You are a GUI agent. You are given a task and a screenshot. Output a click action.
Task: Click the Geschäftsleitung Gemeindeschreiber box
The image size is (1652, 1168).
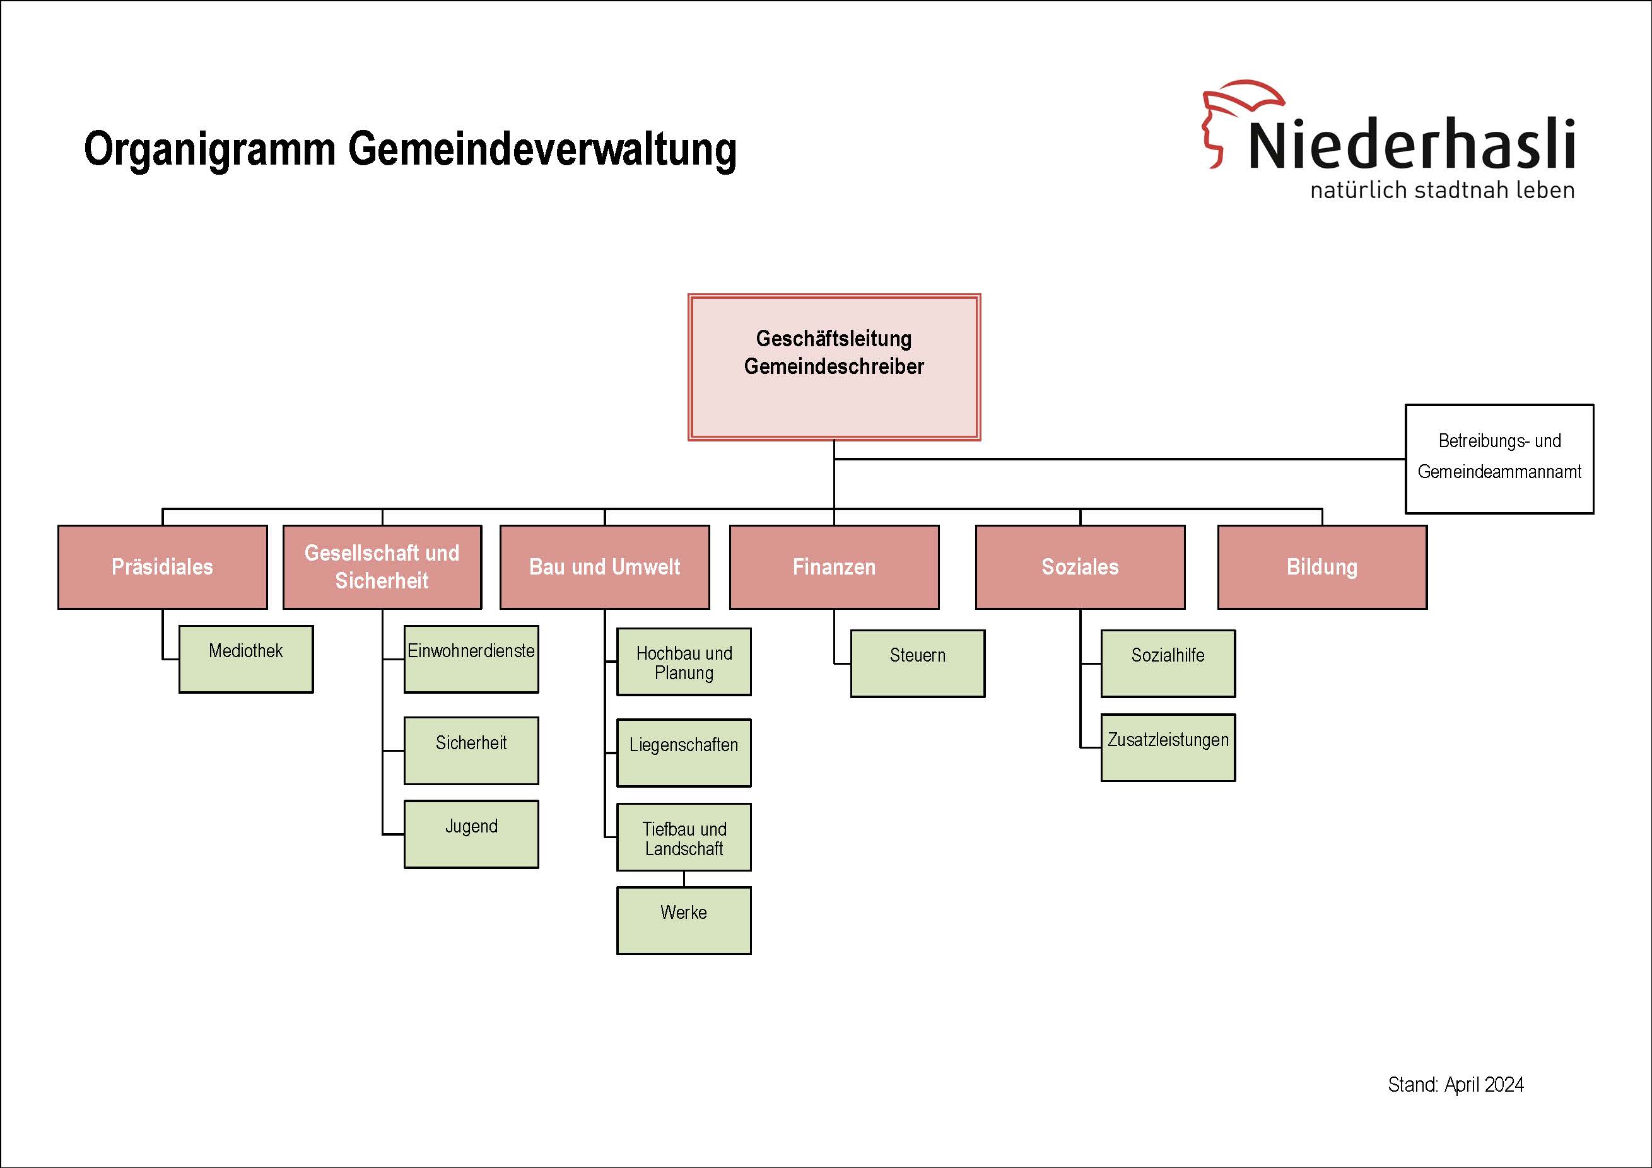[x=834, y=367]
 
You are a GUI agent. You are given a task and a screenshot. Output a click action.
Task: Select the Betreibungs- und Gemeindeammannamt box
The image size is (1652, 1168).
[x=1499, y=459]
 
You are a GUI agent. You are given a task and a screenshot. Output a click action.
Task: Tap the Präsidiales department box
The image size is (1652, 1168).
[x=163, y=567]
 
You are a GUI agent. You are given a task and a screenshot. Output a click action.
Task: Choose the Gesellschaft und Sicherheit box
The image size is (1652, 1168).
[x=382, y=567]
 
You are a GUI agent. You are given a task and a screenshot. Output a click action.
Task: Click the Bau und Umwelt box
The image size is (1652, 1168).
[x=604, y=567]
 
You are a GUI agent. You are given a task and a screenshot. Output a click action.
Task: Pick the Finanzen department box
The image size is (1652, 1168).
[x=834, y=567]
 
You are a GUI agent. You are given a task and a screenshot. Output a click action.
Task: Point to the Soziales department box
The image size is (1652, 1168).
[x=1080, y=567]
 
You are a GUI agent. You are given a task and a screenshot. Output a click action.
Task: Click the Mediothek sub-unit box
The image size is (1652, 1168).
[x=246, y=659]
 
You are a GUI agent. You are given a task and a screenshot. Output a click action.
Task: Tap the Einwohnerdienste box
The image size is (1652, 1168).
[x=471, y=659]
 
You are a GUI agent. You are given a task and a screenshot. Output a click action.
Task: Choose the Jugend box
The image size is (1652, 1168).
[x=471, y=834]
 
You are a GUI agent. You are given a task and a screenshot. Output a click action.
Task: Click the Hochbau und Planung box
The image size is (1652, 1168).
[x=684, y=662]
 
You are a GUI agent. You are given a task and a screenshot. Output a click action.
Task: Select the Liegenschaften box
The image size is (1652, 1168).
[x=684, y=753]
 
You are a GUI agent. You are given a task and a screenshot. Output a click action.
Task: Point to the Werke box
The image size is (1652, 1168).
[x=684, y=921]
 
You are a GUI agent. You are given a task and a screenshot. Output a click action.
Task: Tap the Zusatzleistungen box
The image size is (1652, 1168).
[x=1168, y=747]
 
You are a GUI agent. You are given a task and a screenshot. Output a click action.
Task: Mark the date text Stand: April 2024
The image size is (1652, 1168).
[x=1456, y=1085]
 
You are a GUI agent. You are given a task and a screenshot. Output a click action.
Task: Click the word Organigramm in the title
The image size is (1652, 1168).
[x=210, y=150]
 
